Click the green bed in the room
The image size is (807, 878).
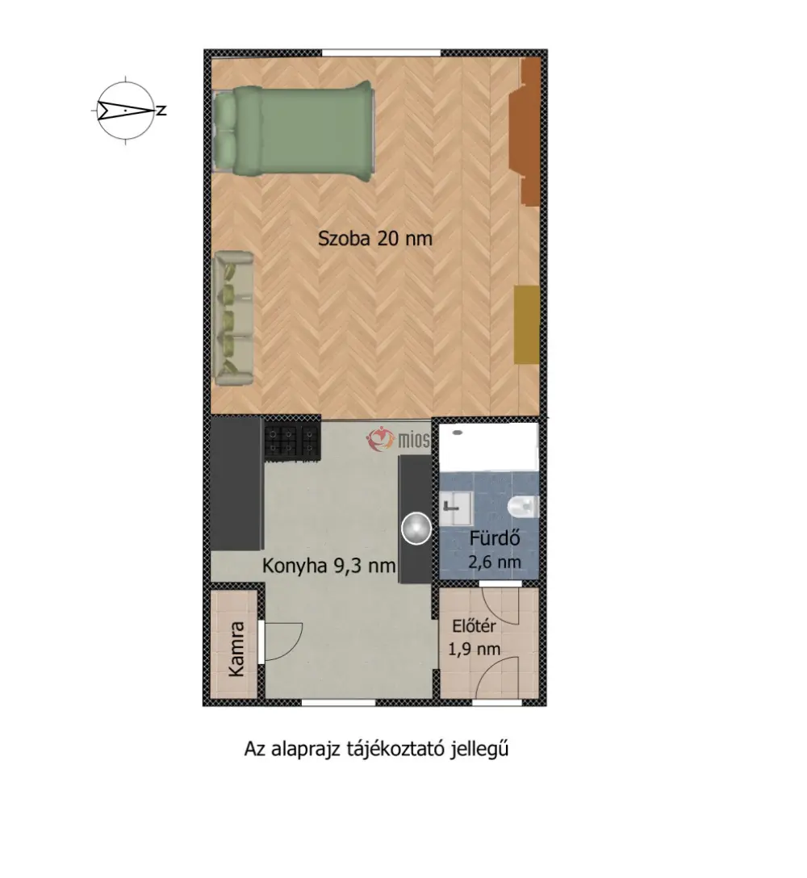(293, 132)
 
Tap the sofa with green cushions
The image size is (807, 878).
(233, 318)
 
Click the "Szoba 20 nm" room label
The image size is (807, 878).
(375, 239)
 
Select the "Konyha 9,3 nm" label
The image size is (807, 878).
(328, 566)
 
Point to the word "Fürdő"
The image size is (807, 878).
(495, 538)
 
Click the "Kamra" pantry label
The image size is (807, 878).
(236, 649)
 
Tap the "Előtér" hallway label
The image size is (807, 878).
(474, 625)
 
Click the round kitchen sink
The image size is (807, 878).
(416, 528)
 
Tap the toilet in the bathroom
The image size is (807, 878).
(522, 506)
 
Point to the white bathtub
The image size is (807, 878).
(488, 447)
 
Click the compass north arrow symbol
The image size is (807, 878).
(125, 111)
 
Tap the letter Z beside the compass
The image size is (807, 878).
(161, 111)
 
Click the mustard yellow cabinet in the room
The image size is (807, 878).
(527, 324)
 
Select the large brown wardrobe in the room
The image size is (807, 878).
(525, 132)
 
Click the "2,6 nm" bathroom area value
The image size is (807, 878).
(495, 562)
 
